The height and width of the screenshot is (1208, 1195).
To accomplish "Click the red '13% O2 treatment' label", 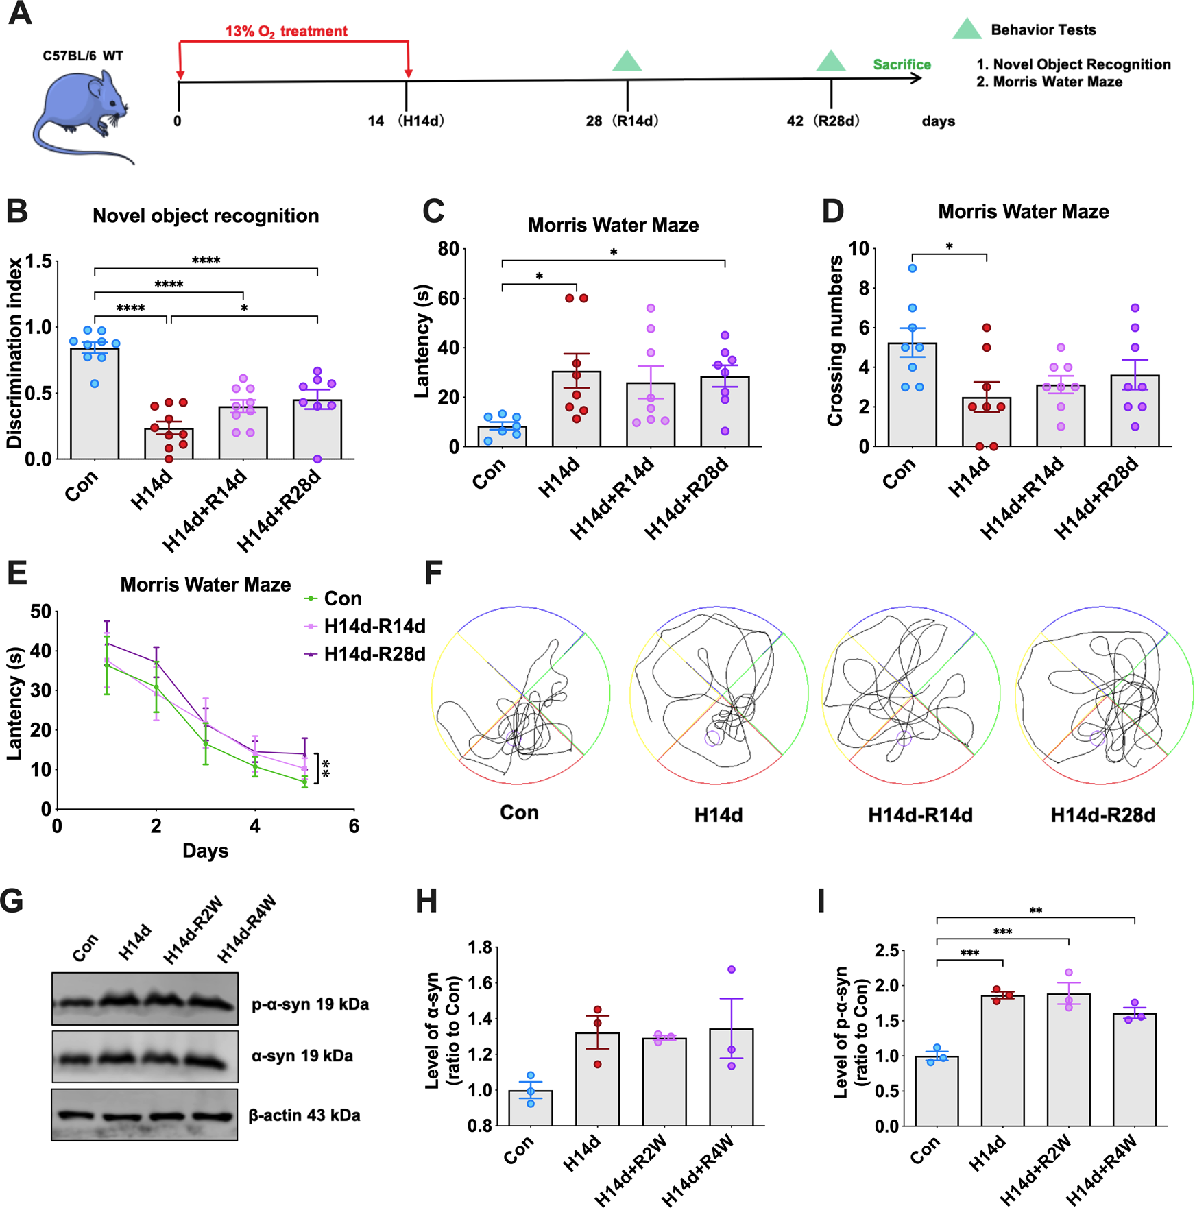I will pyautogui.click(x=286, y=31).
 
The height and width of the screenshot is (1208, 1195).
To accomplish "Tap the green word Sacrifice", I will pyautogui.click(x=902, y=64).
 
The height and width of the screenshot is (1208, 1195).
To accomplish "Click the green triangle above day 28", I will pyautogui.click(x=627, y=62).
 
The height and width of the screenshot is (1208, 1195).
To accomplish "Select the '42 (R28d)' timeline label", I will pyautogui.click(x=823, y=121).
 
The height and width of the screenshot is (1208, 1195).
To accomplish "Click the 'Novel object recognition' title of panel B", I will pyautogui.click(x=206, y=216).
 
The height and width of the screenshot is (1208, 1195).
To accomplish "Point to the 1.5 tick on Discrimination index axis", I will pyautogui.click(x=38, y=262).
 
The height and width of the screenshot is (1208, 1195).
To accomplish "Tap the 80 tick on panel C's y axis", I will pyautogui.click(x=449, y=249).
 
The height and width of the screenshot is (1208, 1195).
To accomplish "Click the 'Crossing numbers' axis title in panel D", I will pyautogui.click(x=834, y=341).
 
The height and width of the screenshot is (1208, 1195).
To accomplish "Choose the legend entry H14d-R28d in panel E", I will pyautogui.click(x=374, y=654).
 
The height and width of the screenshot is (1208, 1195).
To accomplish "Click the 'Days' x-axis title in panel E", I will pyautogui.click(x=205, y=851).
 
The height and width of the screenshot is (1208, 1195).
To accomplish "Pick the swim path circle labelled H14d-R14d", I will pyautogui.click(x=910, y=694).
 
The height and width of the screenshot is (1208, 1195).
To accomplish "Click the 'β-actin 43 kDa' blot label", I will pyautogui.click(x=304, y=1115).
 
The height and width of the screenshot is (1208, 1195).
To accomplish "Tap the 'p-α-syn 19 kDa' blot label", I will pyautogui.click(x=310, y=1004).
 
